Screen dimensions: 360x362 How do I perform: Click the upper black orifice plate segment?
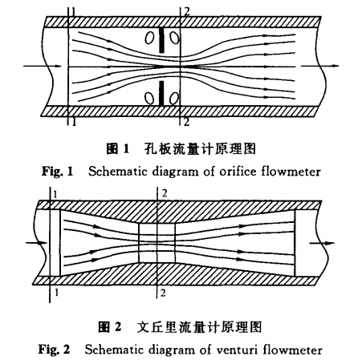pyautogui.click(x=163, y=38)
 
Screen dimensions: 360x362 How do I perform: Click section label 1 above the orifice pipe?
pyautogui.click(x=71, y=12)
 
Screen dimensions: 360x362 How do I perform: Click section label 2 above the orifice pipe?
pyautogui.click(x=187, y=10)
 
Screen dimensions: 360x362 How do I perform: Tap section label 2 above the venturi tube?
pyautogui.click(x=164, y=194)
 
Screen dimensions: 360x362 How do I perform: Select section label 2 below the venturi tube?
pyautogui.click(x=164, y=294)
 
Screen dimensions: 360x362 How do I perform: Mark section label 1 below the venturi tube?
pyautogui.click(x=55, y=295)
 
